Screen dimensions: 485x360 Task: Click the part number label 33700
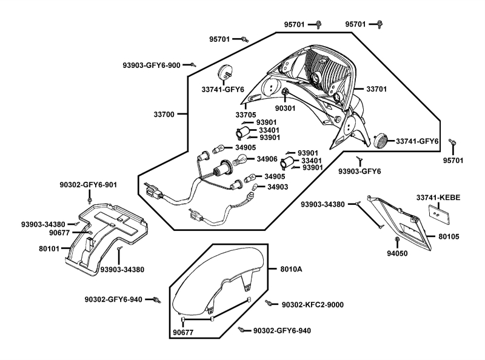(x=164, y=115)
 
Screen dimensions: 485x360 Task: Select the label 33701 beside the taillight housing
(x=376, y=89)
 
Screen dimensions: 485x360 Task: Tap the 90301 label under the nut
(x=285, y=108)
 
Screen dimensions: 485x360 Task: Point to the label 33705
(x=246, y=115)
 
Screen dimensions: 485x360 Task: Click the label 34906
(x=267, y=159)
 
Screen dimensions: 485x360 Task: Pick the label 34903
(x=278, y=187)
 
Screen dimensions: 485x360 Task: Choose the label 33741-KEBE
(x=438, y=198)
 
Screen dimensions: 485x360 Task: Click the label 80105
(x=449, y=236)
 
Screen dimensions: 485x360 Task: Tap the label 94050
(x=397, y=253)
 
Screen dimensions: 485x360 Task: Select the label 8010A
(x=291, y=269)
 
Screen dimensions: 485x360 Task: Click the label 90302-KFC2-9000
(x=312, y=305)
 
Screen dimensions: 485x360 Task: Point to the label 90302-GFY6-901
(x=89, y=185)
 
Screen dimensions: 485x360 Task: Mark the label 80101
(x=49, y=248)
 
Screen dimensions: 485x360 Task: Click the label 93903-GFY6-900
(x=152, y=65)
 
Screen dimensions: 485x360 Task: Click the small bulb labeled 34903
(x=255, y=187)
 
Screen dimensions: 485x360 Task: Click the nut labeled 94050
(x=397, y=239)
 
